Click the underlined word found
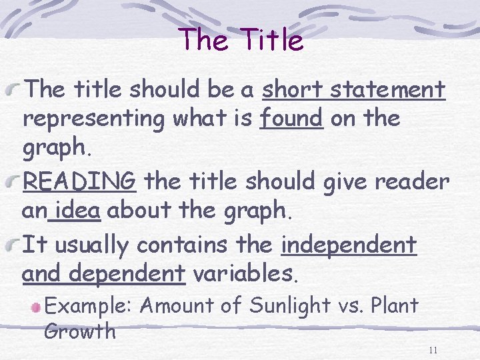[291, 119]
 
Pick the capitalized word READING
[79, 180]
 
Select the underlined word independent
[349, 245]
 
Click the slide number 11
[433, 351]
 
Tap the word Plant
[395, 306]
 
